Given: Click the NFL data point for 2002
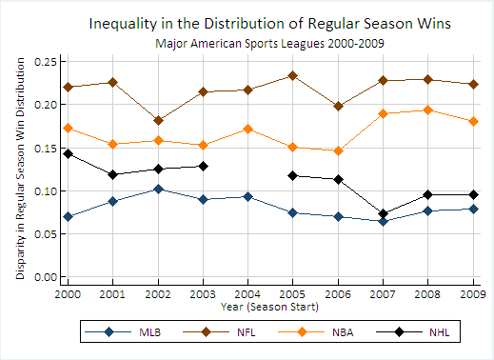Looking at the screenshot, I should click(158, 121).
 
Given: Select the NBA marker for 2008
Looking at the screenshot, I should click(428, 110).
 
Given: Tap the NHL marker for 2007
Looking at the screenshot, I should click(384, 214).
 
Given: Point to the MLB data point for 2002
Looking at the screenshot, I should click(158, 189).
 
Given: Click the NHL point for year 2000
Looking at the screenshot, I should click(68, 153).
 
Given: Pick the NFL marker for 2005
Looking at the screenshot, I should click(293, 75).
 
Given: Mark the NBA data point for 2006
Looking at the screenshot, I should click(338, 150).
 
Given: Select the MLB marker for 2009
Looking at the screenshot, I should click(473, 209).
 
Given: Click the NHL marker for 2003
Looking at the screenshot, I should click(203, 166).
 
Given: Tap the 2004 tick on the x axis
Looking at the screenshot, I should click(247, 294).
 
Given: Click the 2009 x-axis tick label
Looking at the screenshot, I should click(472, 294).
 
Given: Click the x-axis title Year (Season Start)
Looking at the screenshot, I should click(269, 307).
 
